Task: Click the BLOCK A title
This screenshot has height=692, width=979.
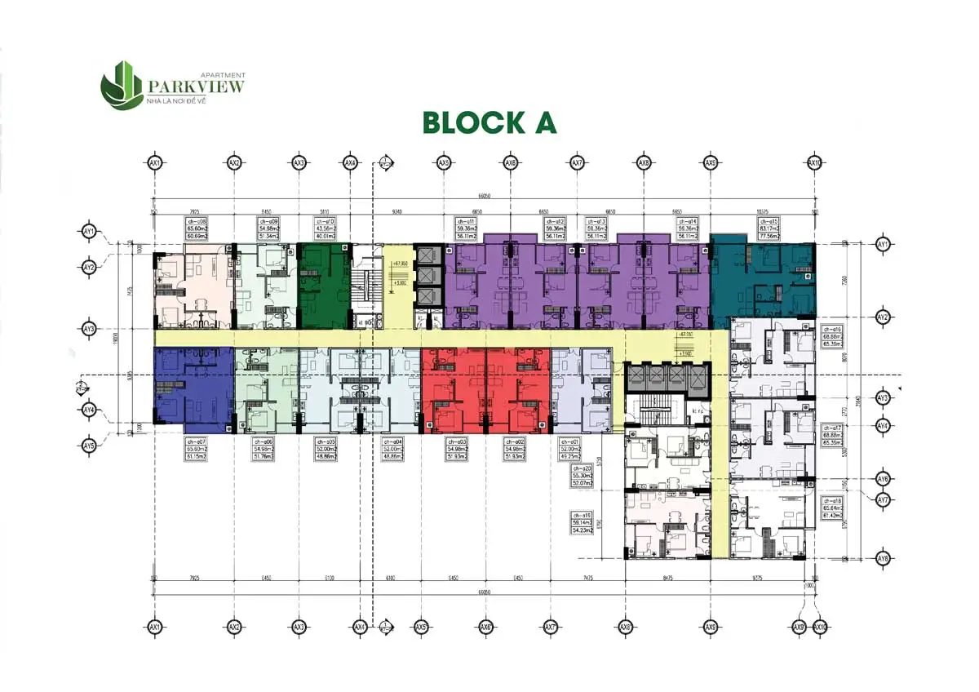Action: (x=489, y=122)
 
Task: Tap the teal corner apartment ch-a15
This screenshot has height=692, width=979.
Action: (x=763, y=277)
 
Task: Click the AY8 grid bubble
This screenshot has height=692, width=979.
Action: (x=882, y=559)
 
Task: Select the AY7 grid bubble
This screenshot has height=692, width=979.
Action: (x=882, y=499)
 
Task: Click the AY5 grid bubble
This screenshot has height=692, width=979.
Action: (x=90, y=446)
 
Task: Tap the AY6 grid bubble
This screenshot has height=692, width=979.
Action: (x=882, y=479)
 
